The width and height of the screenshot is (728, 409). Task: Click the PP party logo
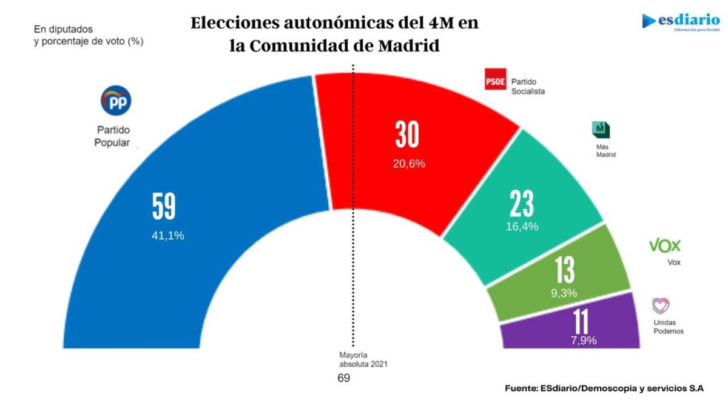coord(115,101)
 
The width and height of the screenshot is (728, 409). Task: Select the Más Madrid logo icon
coord(600,130)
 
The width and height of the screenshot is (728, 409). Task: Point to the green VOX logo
coord(665,245)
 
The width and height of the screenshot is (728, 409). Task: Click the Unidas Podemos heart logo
coord(660,305)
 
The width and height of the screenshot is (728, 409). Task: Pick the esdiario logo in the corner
coord(681,22)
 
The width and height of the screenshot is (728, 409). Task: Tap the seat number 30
coord(407,136)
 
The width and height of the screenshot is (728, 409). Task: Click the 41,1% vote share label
coord(168,236)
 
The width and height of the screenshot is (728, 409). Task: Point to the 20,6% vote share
coord(409,164)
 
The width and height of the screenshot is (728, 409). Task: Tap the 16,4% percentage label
coord(522,227)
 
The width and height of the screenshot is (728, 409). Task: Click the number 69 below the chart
coord(344,378)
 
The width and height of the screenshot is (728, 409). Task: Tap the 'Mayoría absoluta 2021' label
coord(362,360)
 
